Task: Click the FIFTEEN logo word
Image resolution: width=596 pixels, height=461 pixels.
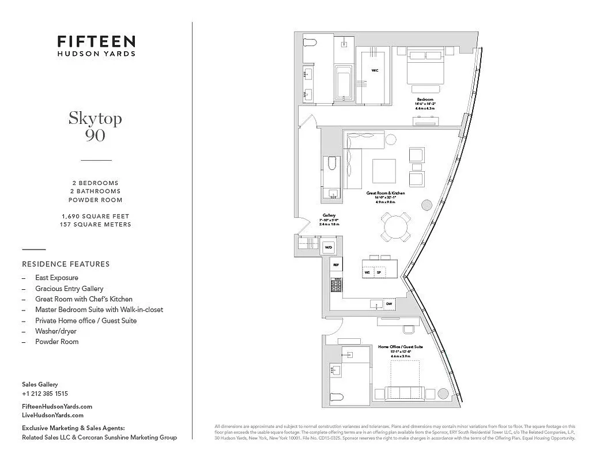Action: click(x=96, y=41)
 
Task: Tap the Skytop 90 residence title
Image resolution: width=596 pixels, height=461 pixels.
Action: click(x=95, y=126)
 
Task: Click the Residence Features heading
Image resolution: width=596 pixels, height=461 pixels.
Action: click(x=66, y=264)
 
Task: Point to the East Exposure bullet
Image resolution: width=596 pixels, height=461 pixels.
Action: click(x=56, y=278)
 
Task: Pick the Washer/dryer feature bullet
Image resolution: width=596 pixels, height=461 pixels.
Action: click(x=55, y=331)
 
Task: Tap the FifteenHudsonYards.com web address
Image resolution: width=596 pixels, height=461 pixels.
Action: click(x=56, y=406)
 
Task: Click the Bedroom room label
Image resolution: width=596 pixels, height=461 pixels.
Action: click(x=425, y=99)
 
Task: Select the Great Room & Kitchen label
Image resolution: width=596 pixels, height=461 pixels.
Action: click(x=386, y=193)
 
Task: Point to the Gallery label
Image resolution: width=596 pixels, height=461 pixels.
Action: click(x=329, y=216)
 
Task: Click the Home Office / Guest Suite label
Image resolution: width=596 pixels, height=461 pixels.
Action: click(x=401, y=347)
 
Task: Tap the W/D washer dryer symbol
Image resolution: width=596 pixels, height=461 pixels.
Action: click(x=329, y=247)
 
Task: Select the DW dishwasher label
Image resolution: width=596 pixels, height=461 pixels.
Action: click(x=389, y=304)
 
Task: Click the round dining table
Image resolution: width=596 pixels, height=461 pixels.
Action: click(x=396, y=226)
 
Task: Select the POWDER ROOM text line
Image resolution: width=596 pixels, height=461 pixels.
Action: click(x=95, y=200)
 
